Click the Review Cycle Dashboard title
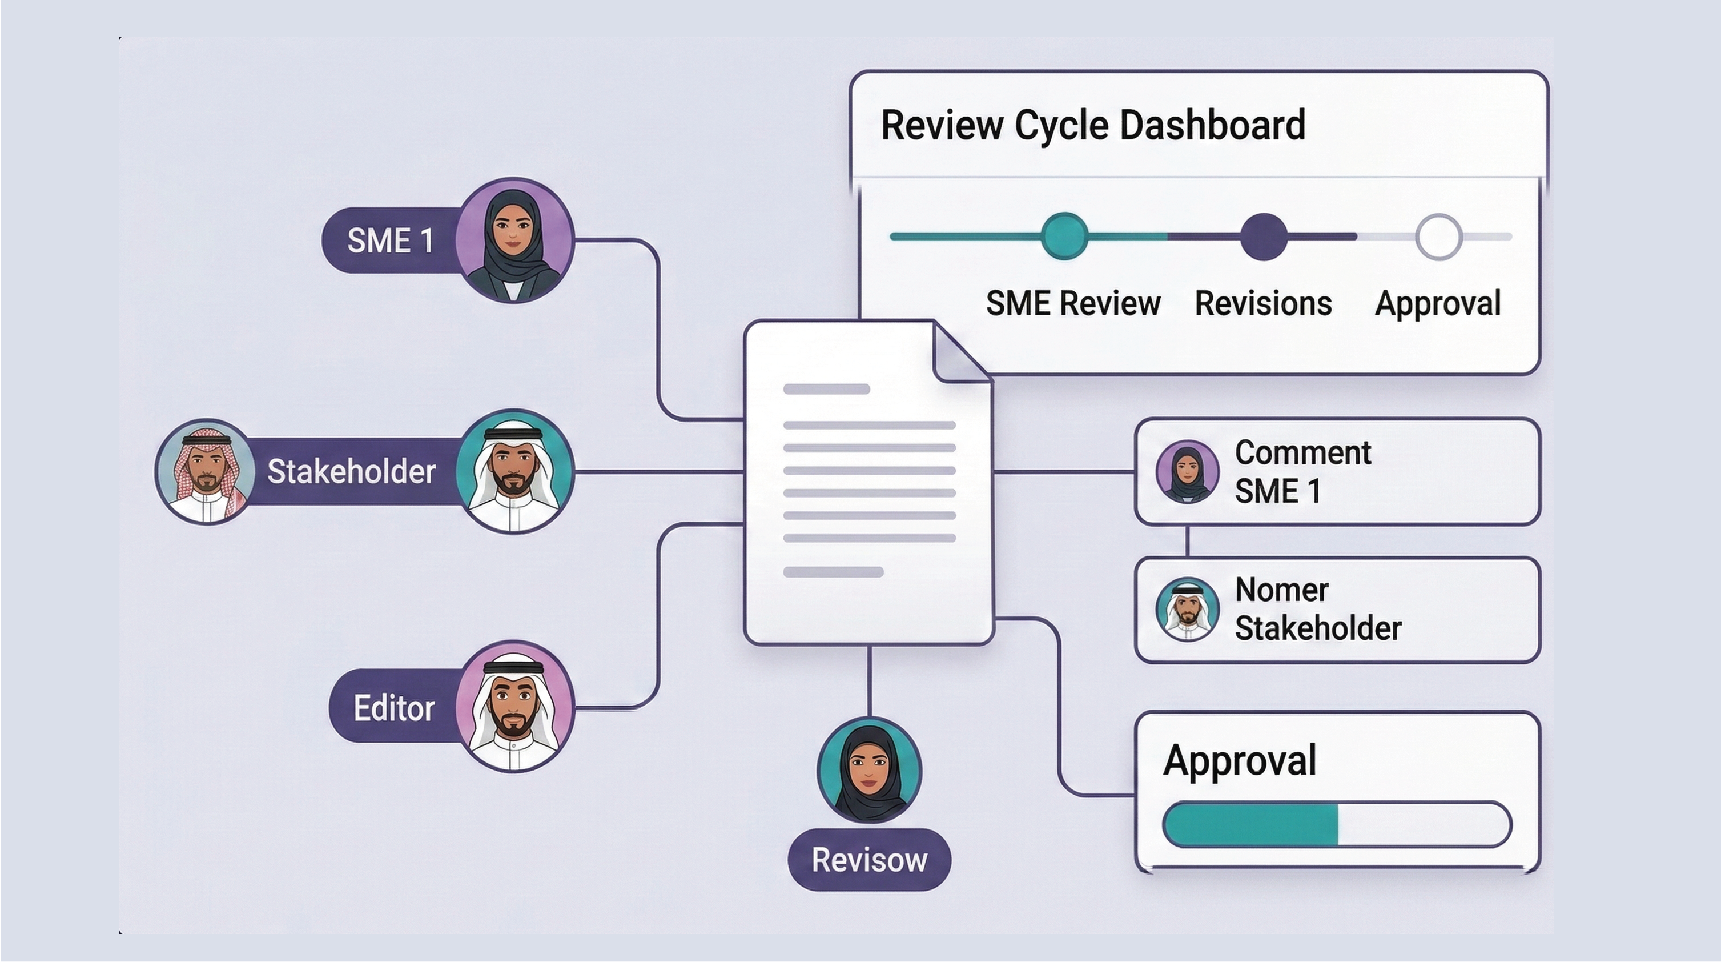tap(1092, 125)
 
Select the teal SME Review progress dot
tap(1064, 236)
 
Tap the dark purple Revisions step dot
tap(1264, 237)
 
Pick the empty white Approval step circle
tap(1438, 237)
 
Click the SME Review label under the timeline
tap(1073, 303)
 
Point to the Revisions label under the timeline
tap(1262, 303)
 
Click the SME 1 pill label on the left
tap(390, 240)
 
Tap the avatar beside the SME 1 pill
tap(514, 240)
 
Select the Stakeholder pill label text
tap(351, 471)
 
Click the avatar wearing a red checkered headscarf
tap(205, 471)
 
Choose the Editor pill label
tap(393, 708)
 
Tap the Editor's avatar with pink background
tap(514, 707)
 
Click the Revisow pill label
tap(869, 860)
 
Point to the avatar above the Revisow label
tap(869, 770)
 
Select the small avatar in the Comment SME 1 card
tap(1187, 471)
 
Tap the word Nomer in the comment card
tap(1281, 590)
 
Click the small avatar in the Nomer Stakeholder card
tap(1187, 610)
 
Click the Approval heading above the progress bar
tap(1239, 760)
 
